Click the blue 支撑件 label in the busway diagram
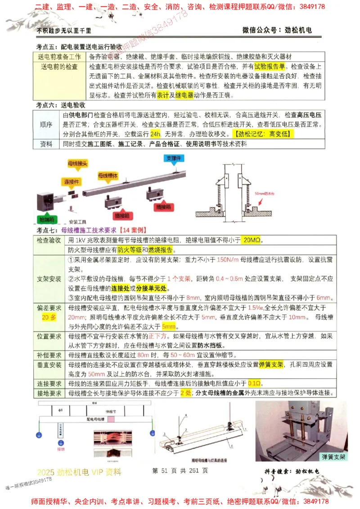point(173,158)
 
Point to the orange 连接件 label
point(71,182)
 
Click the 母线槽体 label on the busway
point(108,175)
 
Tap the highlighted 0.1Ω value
point(255,384)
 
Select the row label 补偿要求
point(49,355)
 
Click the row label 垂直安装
point(49,365)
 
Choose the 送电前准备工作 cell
point(59,57)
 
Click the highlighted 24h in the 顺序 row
point(156,134)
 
